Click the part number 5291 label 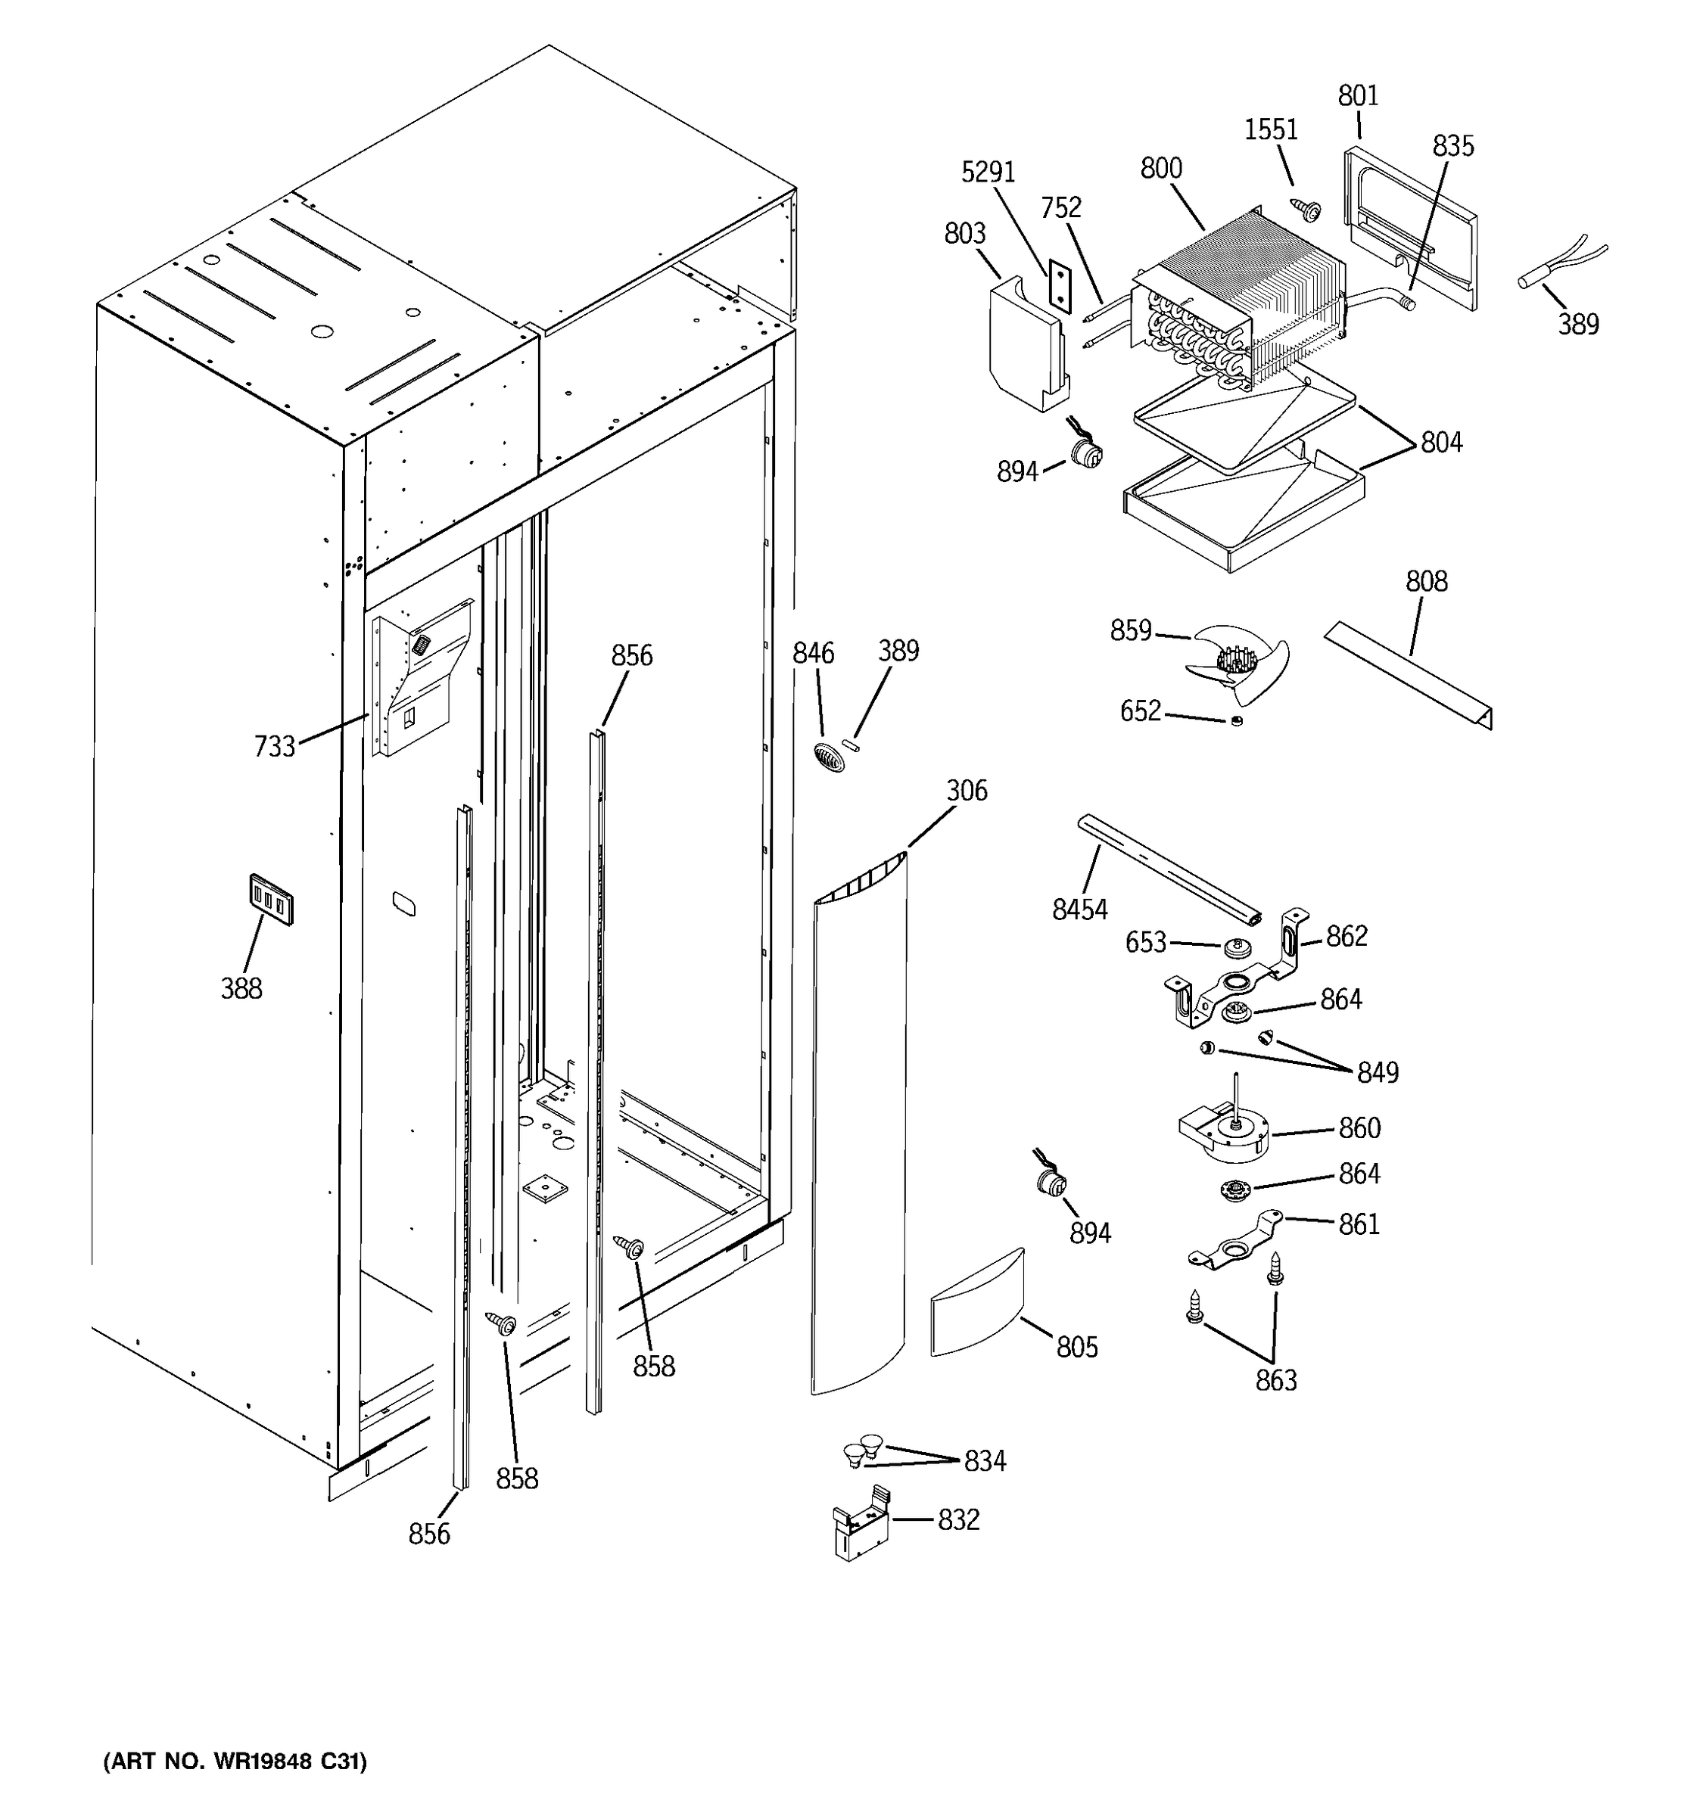coord(988,172)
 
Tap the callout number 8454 coord(1079,909)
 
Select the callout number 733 coord(274,746)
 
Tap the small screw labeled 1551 coord(1305,209)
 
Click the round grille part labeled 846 coord(828,757)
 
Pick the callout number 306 coord(967,790)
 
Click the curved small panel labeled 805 coord(976,1304)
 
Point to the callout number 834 coord(985,1462)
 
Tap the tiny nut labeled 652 coord(1236,722)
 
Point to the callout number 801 coord(1358,95)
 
